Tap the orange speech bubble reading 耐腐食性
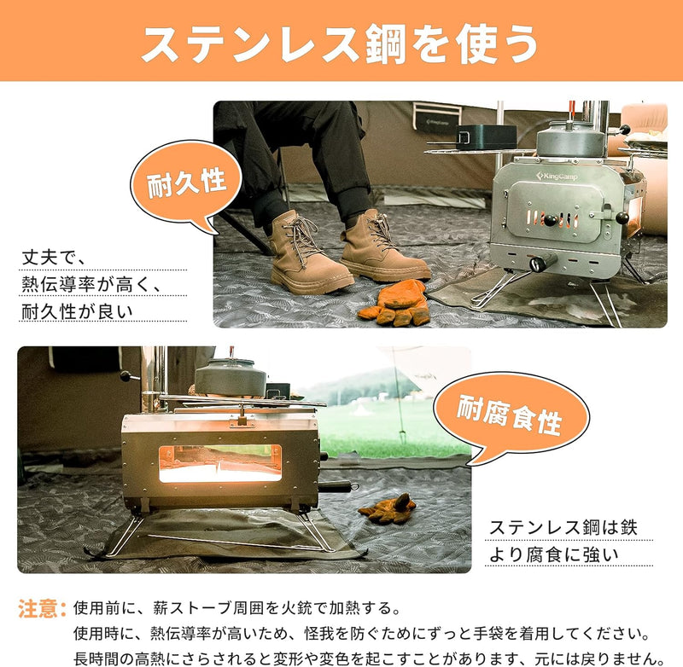point(511,417)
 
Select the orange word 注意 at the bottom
point(39,609)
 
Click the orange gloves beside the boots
point(398,303)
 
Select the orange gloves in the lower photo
point(388,508)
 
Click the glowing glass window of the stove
point(219,461)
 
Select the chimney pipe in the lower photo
point(154,375)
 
